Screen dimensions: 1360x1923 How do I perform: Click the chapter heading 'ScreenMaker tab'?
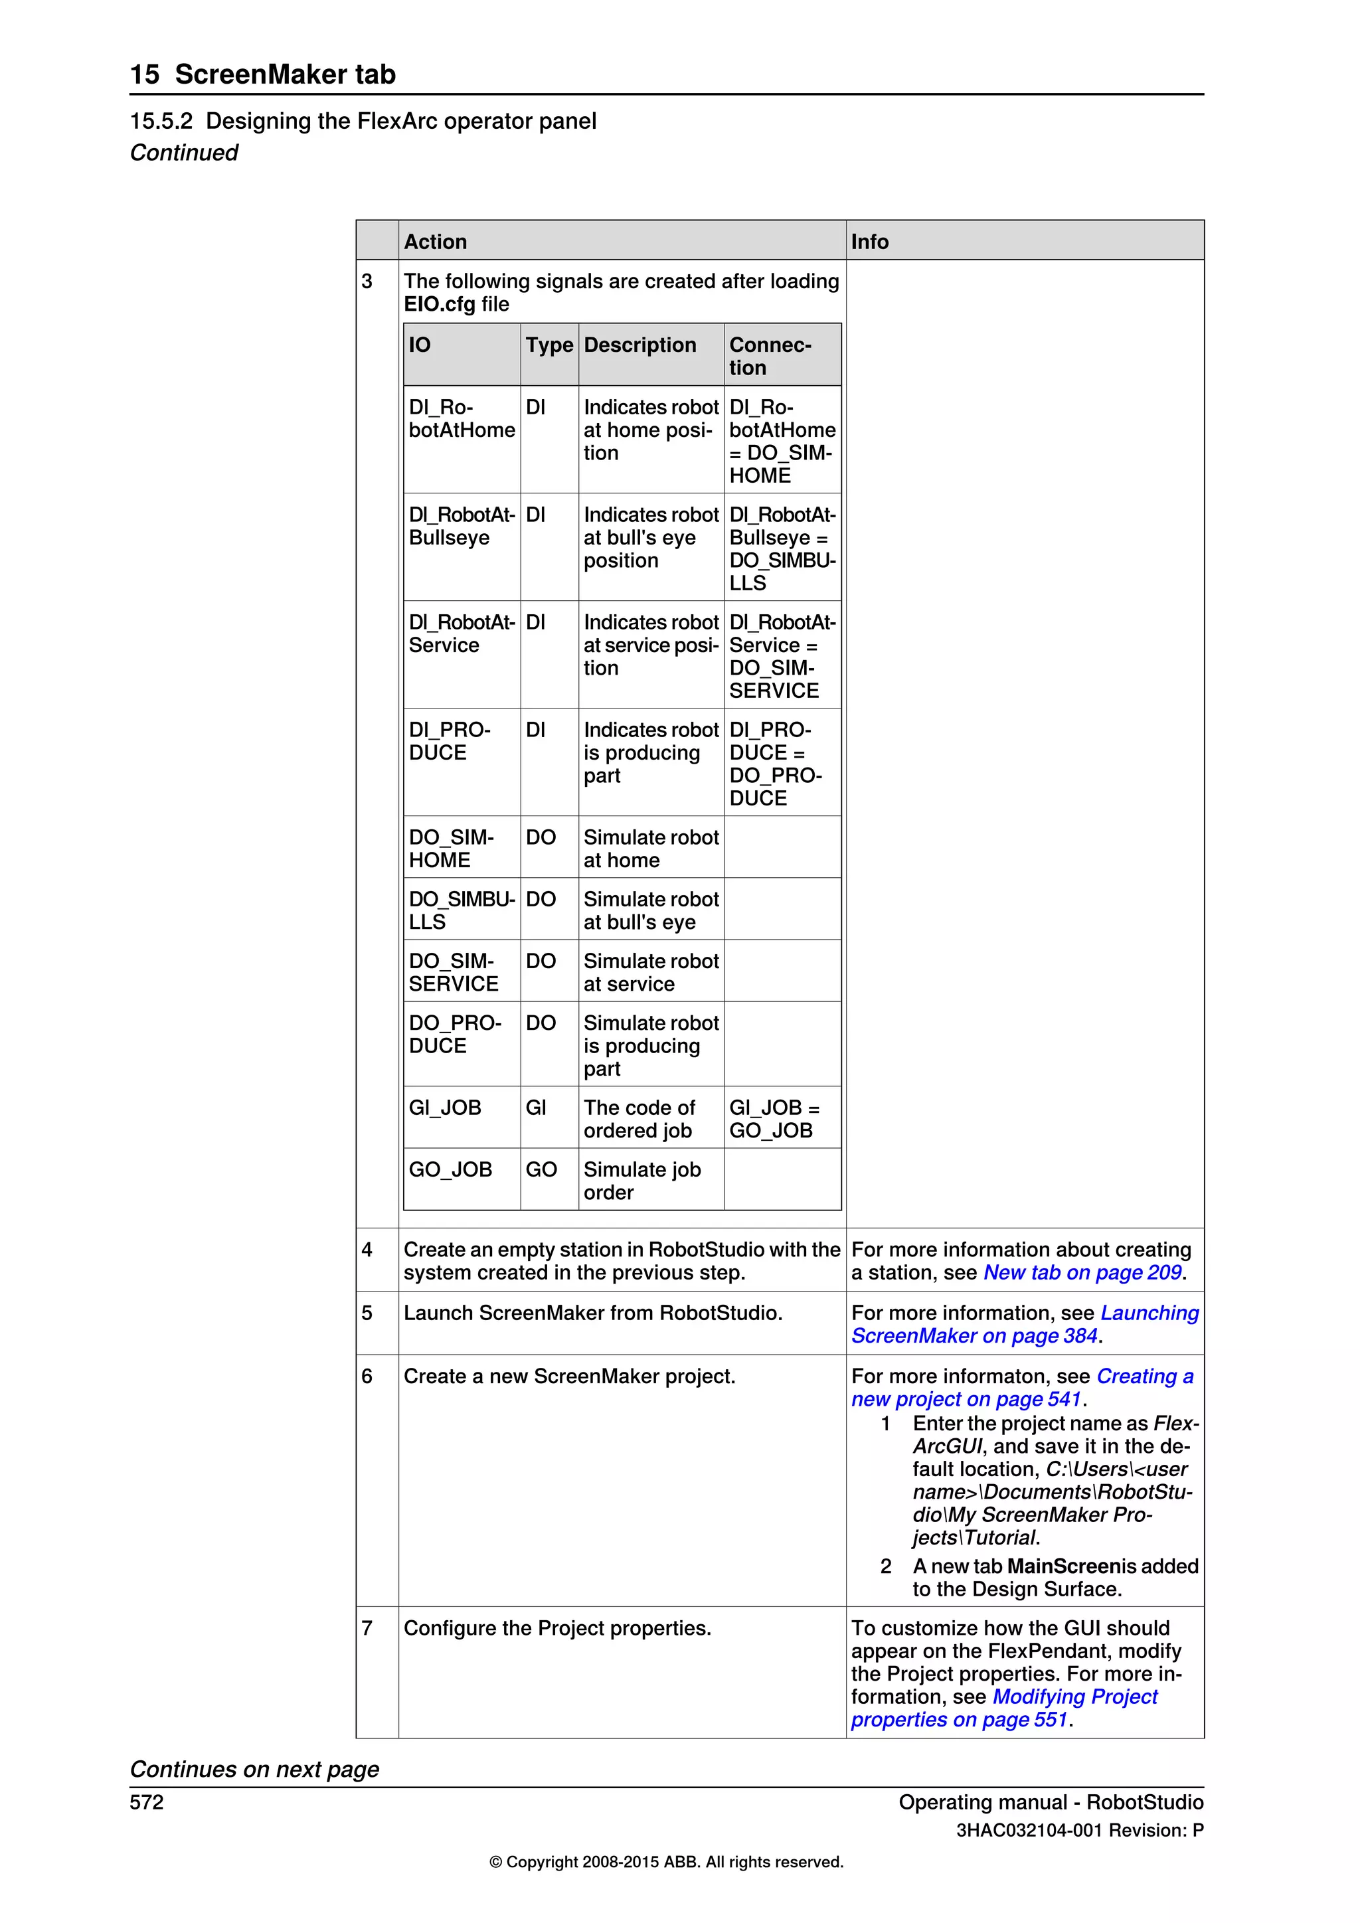(x=285, y=74)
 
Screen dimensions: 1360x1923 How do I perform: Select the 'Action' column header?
(x=435, y=242)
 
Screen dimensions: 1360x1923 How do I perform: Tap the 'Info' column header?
(x=869, y=242)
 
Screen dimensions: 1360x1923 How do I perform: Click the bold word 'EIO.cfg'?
(x=439, y=305)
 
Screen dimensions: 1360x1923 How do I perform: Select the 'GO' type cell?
(x=541, y=1170)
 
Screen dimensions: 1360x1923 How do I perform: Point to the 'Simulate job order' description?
(x=641, y=1181)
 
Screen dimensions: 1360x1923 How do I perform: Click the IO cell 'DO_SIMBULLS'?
(x=461, y=910)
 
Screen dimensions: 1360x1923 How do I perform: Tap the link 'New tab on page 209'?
(x=1082, y=1273)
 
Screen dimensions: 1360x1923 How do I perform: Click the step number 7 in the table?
(x=367, y=1628)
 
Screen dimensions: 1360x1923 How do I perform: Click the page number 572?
(x=147, y=1802)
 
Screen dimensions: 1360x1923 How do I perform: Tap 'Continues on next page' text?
(x=254, y=1769)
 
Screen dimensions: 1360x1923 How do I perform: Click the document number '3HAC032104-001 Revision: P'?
(x=1080, y=1830)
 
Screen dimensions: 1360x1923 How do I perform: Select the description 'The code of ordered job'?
(x=639, y=1119)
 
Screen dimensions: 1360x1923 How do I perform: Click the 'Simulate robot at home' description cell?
(x=651, y=849)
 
